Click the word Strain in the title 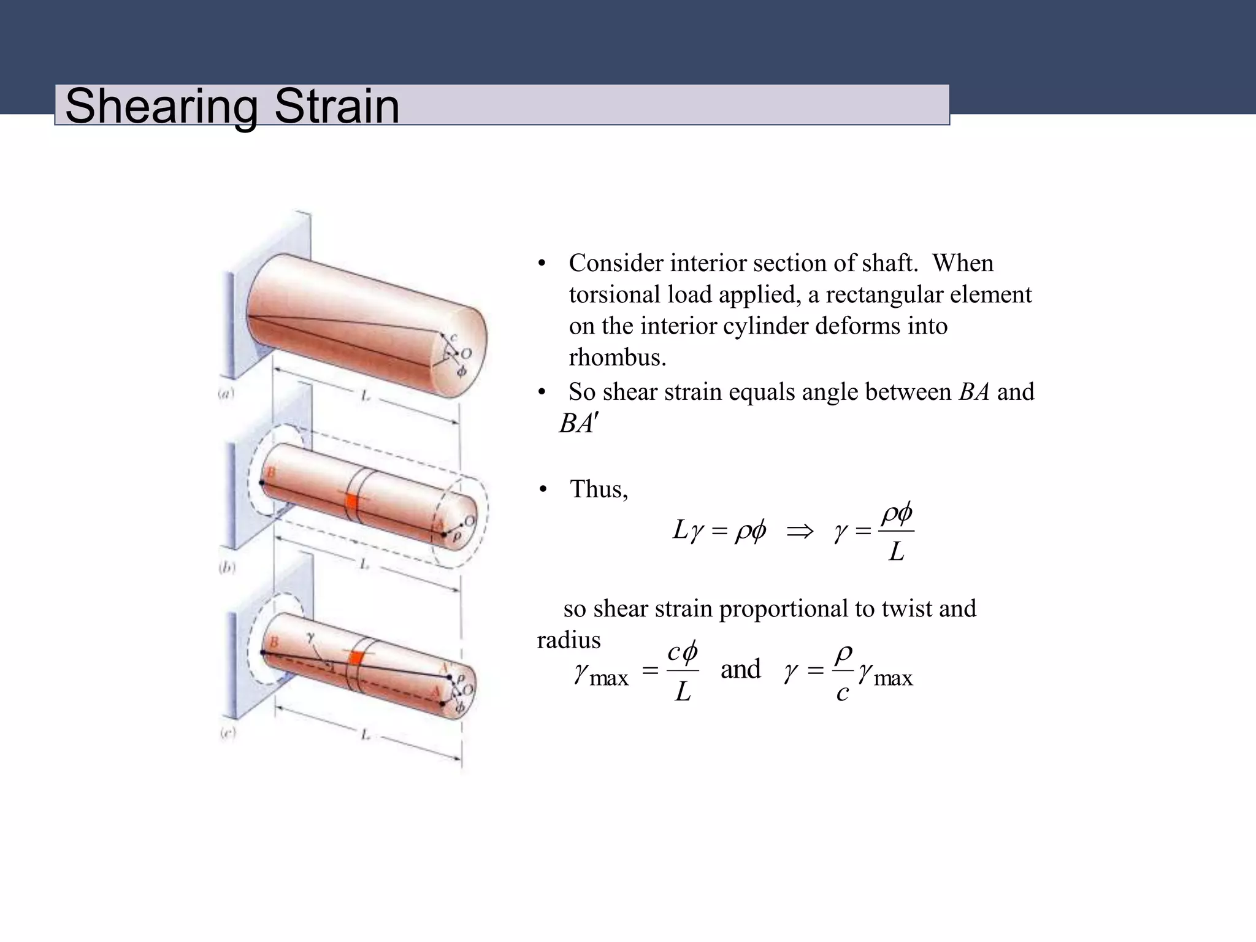[337, 106]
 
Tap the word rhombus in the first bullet [617, 358]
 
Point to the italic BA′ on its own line [578, 424]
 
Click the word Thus [599, 489]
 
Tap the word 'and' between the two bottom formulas [740, 668]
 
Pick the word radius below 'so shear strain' [569, 640]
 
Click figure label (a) [226, 394]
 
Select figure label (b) [227, 568]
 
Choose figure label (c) [228, 733]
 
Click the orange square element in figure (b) [351, 500]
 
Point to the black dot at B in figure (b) [262, 483]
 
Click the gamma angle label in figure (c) [311, 638]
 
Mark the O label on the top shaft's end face [467, 353]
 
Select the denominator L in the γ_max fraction [683, 692]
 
